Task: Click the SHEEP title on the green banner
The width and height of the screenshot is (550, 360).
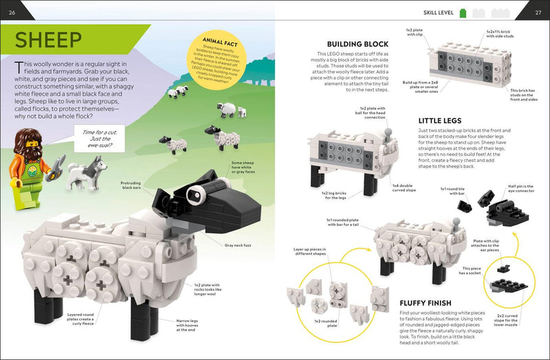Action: pyautogui.click(x=49, y=39)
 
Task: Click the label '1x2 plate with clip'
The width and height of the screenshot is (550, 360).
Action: pyautogui.click(x=415, y=32)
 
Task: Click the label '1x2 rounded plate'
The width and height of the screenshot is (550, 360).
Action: pyautogui.click(x=326, y=323)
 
